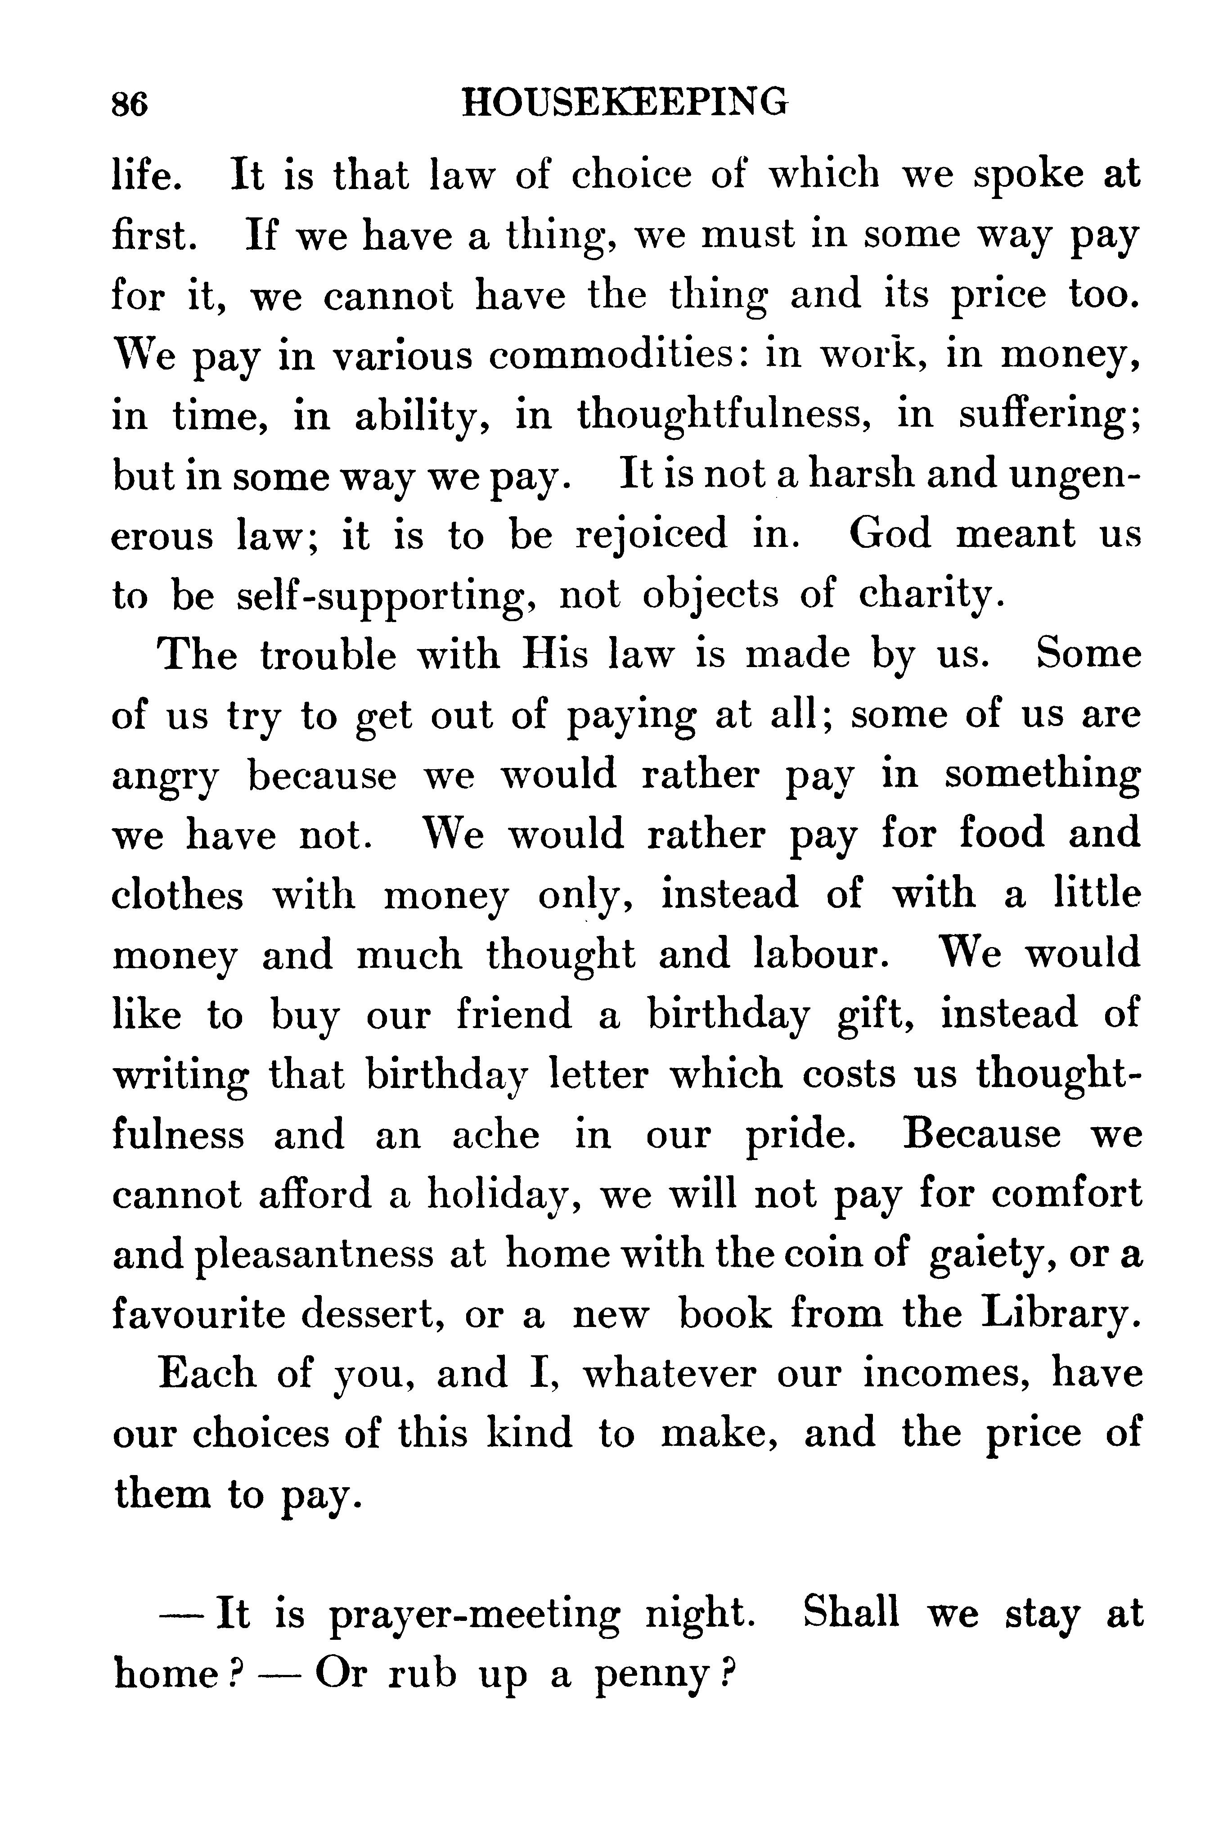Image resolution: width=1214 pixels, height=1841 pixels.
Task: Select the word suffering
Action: pos(1049,416)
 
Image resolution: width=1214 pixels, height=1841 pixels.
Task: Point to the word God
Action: pos(890,534)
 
